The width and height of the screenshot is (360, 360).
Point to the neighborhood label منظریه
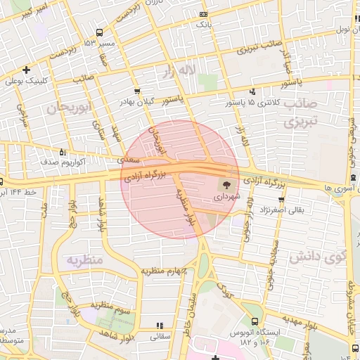click(84, 260)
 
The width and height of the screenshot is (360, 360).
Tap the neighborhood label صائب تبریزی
click(302, 113)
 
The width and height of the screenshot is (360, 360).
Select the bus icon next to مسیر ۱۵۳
click(99, 32)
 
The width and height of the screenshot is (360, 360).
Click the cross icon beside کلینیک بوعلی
click(26, 70)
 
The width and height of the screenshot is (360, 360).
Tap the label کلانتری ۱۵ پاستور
click(280, 103)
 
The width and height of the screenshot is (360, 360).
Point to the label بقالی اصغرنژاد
click(282, 210)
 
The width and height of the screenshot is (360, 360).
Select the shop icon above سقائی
click(160, 325)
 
